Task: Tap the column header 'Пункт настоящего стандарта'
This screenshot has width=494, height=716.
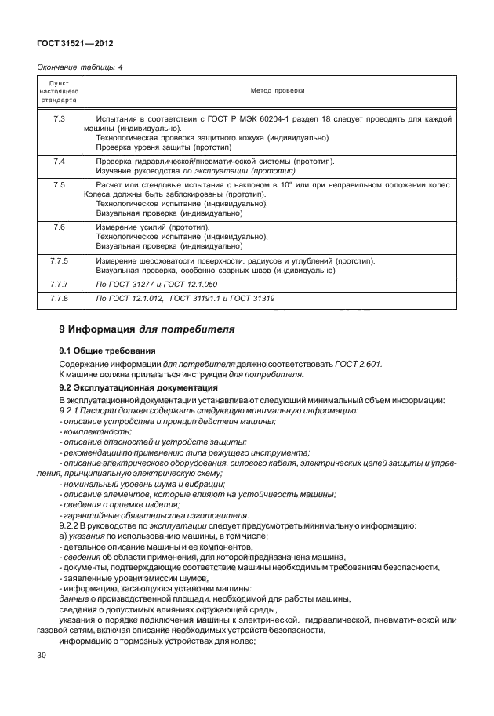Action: [x=59, y=92]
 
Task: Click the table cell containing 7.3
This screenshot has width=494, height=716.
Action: [x=59, y=118]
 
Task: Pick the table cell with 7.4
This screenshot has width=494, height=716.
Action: [x=59, y=161]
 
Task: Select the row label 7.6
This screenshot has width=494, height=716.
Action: [x=59, y=226]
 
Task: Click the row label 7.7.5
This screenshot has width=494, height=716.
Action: [x=60, y=260]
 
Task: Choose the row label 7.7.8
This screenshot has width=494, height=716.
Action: [x=60, y=299]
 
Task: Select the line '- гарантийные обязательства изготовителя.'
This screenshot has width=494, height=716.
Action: [x=154, y=514]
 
